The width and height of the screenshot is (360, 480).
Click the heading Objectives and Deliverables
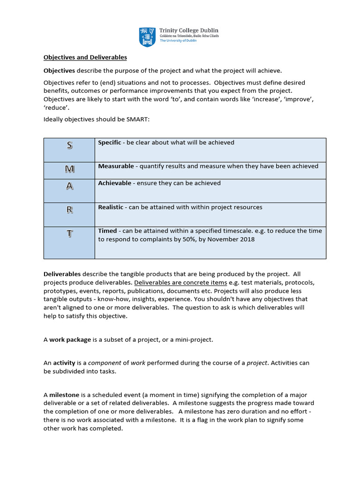(x=85, y=57)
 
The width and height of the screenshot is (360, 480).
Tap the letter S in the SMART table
(x=69, y=145)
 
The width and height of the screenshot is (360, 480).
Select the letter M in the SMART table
(x=69, y=168)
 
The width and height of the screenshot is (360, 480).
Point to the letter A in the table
(x=69, y=186)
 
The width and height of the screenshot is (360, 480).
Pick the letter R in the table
(x=69, y=210)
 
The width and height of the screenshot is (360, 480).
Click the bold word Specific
(x=109, y=142)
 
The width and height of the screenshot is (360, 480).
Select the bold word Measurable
(x=114, y=166)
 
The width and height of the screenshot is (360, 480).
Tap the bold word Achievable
(x=114, y=183)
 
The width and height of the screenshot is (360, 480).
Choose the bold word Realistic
(x=111, y=207)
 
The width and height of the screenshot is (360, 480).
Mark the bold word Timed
(x=107, y=231)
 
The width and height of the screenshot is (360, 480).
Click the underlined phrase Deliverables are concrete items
(x=180, y=283)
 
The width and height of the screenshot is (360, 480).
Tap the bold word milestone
(x=64, y=395)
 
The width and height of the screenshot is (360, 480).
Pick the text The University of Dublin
(x=178, y=41)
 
